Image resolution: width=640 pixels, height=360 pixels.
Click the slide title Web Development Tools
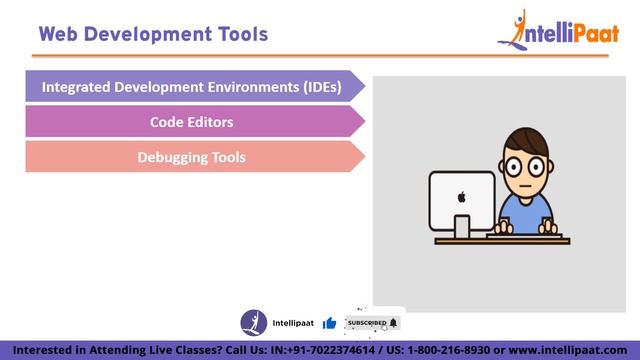tap(153, 34)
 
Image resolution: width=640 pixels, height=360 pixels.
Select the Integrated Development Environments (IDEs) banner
tap(192, 87)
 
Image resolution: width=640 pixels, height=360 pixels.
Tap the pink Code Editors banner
tap(192, 122)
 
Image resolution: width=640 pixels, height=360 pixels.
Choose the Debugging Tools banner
tap(192, 157)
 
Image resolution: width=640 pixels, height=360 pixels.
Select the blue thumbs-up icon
tap(329, 323)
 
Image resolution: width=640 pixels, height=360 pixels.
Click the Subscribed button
tap(371, 323)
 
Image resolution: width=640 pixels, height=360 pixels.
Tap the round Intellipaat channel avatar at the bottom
tap(254, 323)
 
